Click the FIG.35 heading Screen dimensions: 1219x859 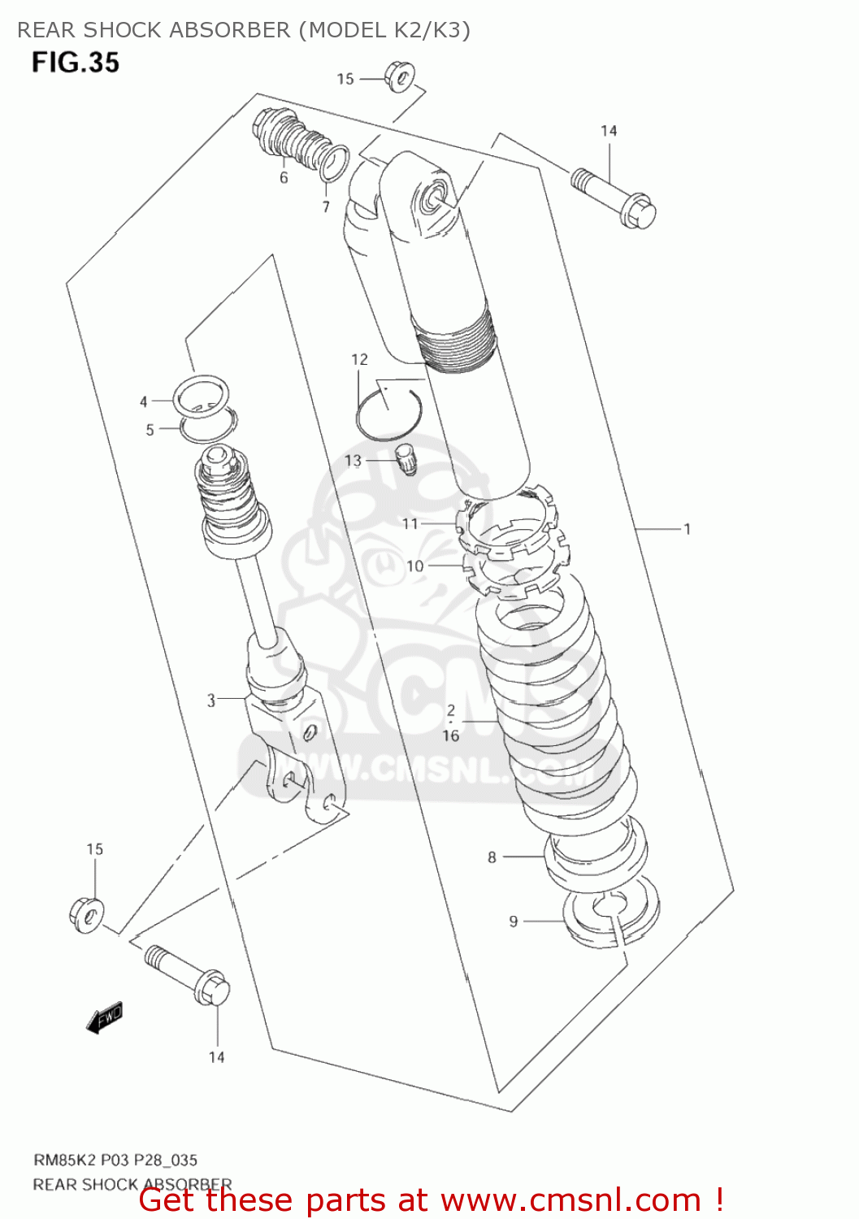click(76, 63)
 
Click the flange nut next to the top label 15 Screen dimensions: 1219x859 click(399, 76)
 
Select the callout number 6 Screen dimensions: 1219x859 click(284, 178)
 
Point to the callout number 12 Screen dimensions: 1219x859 click(359, 359)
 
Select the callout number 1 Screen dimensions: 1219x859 click(687, 529)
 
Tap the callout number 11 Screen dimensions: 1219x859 click(410, 524)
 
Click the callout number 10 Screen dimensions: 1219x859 click(414, 566)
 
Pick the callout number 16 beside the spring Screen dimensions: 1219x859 click(451, 735)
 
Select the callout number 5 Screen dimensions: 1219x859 click(150, 430)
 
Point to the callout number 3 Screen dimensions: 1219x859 click(211, 701)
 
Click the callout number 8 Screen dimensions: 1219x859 click(492, 857)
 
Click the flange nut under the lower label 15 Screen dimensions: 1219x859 click(86, 914)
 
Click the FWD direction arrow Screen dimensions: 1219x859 click(105, 1017)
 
